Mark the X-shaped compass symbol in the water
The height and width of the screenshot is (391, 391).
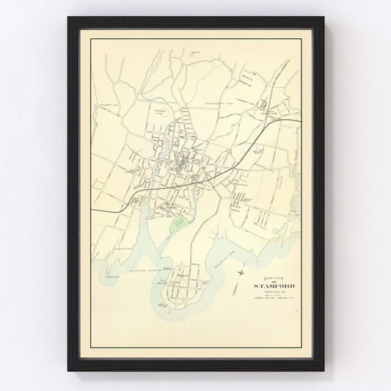[x=241, y=274]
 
